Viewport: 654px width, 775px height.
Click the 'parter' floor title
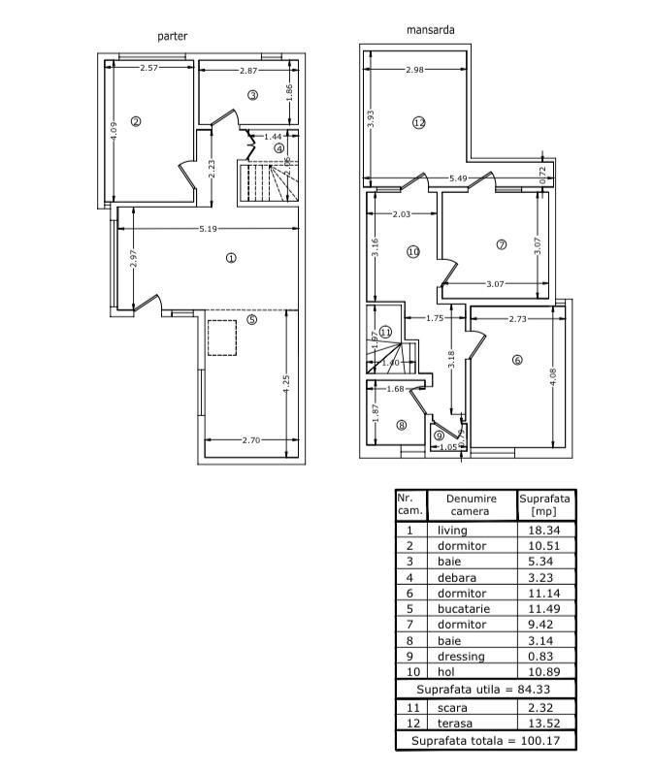pyautogui.click(x=173, y=36)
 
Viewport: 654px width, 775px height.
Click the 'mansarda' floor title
pyautogui.click(x=430, y=30)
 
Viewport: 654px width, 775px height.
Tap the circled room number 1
pyautogui.click(x=231, y=258)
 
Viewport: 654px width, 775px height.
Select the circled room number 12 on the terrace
pyautogui.click(x=418, y=123)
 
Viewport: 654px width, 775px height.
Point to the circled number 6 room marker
pyautogui.click(x=517, y=360)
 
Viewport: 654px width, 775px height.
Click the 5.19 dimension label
pyautogui.click(x=208, y=229)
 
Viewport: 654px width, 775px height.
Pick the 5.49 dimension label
pyautogui.click(x=459, y=178)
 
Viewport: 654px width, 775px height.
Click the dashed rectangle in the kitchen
pyautogui.click(x=222, y=336)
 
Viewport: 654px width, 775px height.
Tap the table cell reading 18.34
pyautogui.click(x=545, y=531)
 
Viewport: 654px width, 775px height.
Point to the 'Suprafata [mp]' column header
pyautogui.click(x=545, y=504)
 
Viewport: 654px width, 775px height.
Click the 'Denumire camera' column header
pyautogui.click(x=471, y=504)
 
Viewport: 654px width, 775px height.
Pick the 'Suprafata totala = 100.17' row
pyautogui.click(x=484, y=741)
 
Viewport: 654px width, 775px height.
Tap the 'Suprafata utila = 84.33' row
pyautogui.click(x=484, y=689)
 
